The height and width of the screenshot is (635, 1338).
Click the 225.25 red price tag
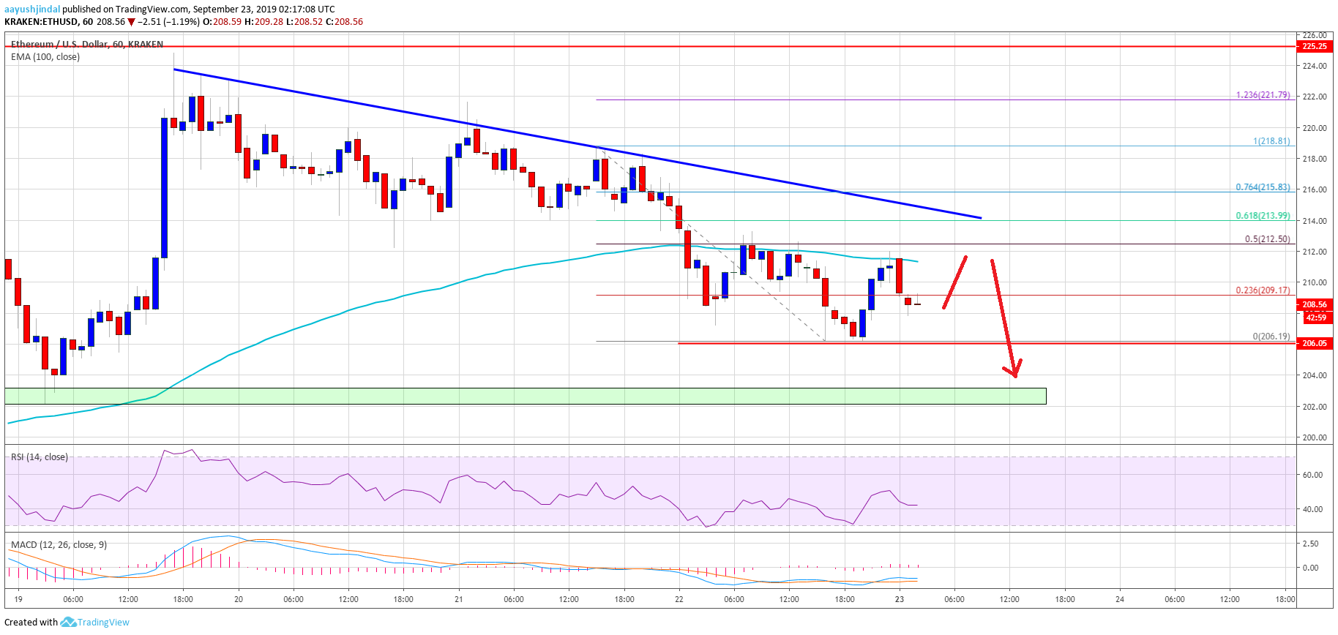click(1314, 46)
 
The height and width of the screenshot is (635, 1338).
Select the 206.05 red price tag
click(1314, 343)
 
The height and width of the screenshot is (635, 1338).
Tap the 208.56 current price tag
click(1314, 304)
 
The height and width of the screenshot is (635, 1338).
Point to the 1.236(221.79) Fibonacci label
click(1263, 95)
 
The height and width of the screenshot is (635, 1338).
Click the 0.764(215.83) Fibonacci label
click(1263, 187)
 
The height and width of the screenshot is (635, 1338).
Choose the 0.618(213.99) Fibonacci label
click(1263, 216)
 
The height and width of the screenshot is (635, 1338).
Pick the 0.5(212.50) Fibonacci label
click(1267, 239)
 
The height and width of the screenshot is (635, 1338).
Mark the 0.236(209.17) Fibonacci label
click(1263, 290)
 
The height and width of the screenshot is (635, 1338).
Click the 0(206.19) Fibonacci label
click(1271, 337)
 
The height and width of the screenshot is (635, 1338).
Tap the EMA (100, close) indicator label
click(45, 57)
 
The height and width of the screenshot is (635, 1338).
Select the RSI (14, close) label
click(40, 457)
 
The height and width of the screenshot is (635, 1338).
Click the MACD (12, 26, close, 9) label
click(59, 545)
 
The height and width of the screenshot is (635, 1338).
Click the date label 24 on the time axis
click(1119, 599)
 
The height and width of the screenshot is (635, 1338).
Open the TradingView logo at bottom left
click(96, 623)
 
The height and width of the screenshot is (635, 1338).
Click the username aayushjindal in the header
click(32, 10)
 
